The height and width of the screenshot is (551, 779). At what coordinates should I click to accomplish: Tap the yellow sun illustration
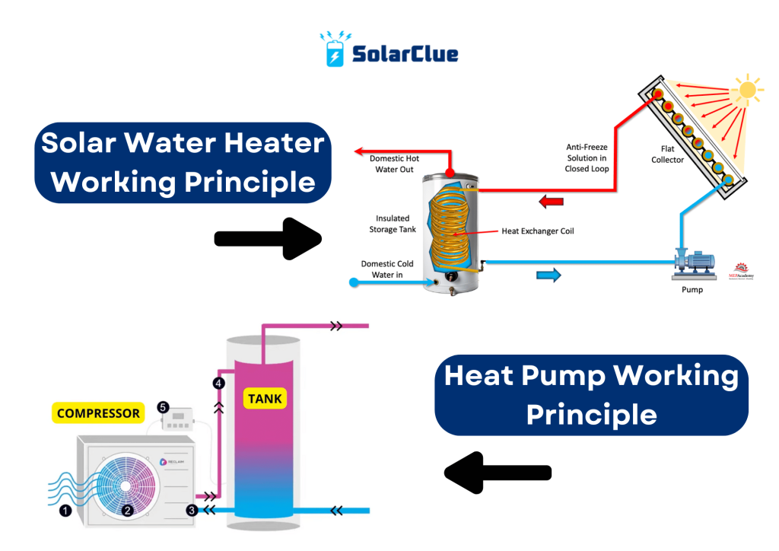pos(747,91)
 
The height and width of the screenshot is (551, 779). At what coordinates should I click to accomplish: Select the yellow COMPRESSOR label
pos(99,413)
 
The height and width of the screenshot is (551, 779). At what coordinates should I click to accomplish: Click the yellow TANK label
pos(265,397)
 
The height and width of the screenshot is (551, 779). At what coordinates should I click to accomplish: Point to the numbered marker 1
pos(65,511)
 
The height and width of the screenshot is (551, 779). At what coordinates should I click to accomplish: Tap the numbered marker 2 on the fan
pos(128,511)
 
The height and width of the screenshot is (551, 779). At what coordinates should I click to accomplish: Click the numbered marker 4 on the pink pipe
pos(219,384)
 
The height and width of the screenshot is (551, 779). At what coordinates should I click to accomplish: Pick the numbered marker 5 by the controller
pos(163,407)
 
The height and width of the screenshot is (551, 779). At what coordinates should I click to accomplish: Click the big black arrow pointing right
pos(268,237)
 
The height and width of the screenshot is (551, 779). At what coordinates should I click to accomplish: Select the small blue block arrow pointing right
pos(547,275)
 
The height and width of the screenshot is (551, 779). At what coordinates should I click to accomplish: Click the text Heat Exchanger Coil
pos(537,231)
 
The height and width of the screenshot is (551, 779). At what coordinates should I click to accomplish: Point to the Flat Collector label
pos(668,154)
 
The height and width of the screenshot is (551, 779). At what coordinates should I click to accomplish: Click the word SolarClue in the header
pos(405,53)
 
